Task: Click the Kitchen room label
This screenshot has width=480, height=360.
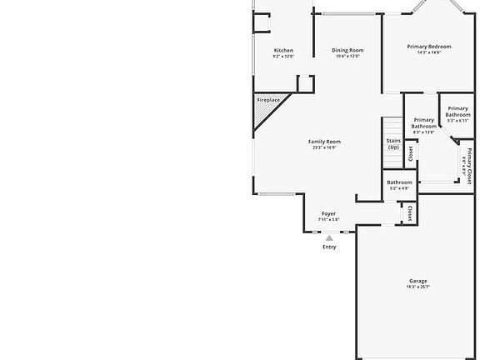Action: [283, 51]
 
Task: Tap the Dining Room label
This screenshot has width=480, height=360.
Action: [347, 51]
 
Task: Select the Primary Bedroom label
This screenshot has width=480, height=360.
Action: [428, 46]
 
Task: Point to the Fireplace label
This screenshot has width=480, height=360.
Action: [268, 100]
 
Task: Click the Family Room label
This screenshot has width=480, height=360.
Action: [324, 142]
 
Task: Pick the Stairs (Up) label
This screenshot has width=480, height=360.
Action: [393, 144]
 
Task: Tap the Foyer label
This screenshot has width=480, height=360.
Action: [329, 214]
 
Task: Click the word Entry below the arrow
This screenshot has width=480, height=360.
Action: [329, 247]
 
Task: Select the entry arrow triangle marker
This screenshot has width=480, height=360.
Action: [329, 237]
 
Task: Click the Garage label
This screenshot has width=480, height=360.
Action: [417, 281]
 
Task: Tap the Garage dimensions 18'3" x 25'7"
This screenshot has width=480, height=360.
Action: [417, 287]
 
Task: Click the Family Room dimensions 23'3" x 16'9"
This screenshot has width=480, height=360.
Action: [324, 147]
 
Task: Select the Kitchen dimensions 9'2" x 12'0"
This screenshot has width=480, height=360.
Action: [283, 57]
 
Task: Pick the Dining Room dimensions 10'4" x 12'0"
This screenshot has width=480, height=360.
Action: [347, 57]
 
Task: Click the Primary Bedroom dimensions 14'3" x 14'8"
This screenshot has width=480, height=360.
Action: [428, 52]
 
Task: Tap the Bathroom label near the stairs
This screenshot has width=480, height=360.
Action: [399, 182]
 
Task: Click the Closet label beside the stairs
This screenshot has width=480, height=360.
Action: [410, 152]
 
